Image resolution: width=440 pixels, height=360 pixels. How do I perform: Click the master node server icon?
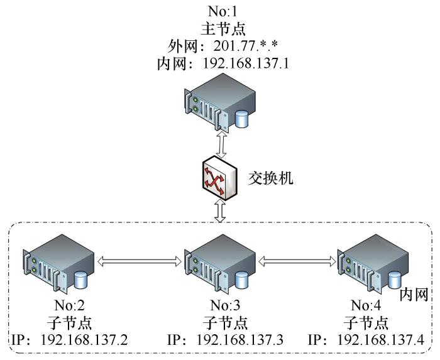[220, 102]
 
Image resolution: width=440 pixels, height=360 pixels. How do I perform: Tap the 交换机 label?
[270, 178]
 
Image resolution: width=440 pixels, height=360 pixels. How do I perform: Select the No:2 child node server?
[58, 264]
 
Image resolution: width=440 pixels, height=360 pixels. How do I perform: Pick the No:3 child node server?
[220, 264]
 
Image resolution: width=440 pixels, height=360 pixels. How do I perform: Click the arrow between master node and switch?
[222, 145]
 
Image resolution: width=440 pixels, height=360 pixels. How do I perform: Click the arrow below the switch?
[220, 211]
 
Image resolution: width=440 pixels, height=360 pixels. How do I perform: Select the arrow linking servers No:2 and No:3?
[140, 261]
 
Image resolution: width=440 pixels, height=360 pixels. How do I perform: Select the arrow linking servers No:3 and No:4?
[297, 261]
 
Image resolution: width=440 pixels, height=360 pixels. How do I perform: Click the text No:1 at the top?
[223, 11]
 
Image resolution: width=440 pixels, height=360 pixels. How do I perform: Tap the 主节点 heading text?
[223, 29]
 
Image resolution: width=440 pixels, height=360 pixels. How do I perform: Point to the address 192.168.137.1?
[246, 63]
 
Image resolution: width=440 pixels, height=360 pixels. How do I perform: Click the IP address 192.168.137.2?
[84, 340]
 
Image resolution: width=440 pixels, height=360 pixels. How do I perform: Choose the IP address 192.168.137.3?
[240, 340]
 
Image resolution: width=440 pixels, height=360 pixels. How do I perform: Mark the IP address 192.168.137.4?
[380, 340]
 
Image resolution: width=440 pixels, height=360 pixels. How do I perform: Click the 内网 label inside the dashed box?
[414, 295]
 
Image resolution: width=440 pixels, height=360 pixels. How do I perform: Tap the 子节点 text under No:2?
[69, 322]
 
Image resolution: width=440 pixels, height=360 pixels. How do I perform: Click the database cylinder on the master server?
[241, 119]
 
